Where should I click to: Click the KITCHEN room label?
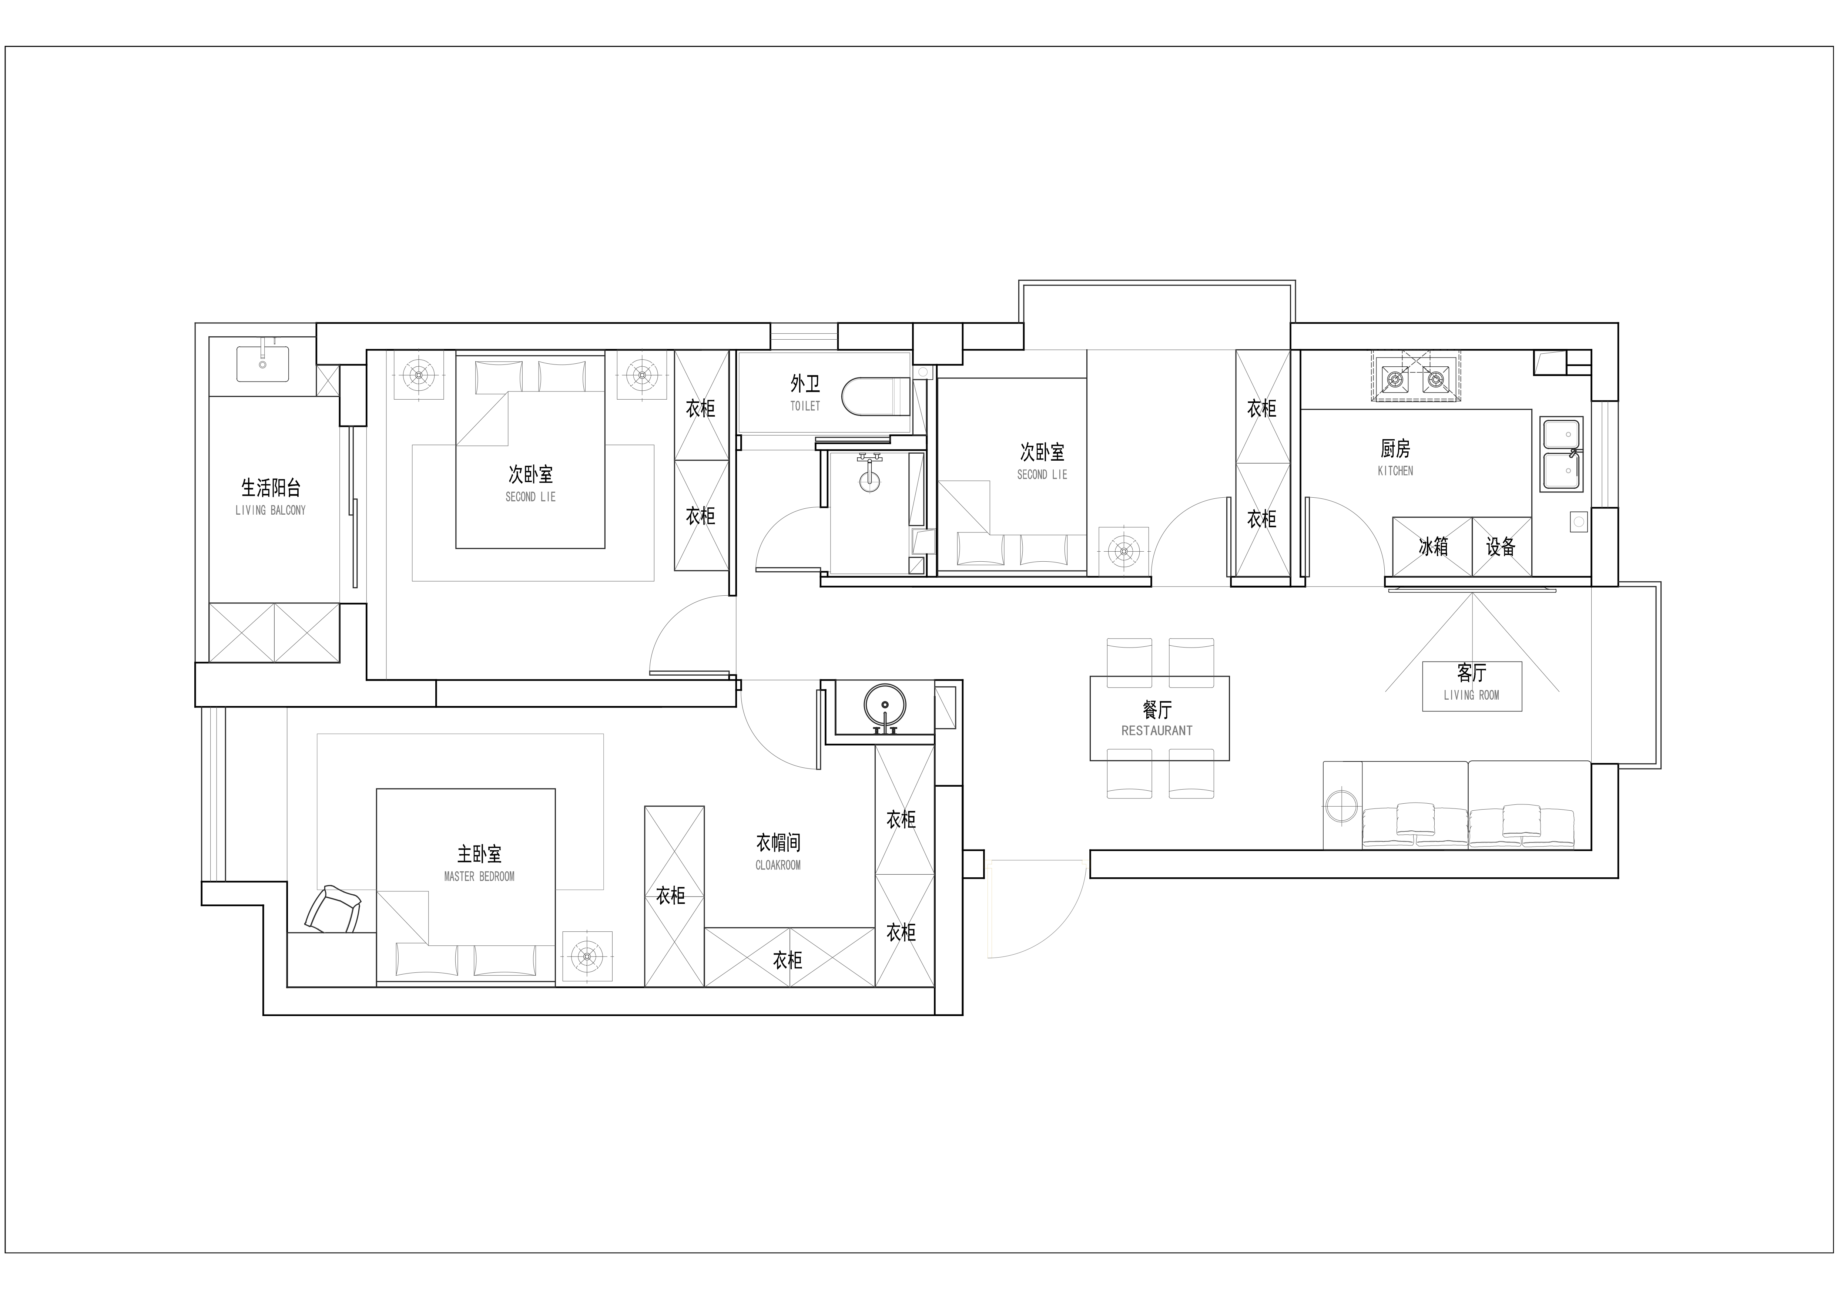(x=1395, y=471)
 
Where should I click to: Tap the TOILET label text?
(x=805, y=406)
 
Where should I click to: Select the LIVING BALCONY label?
(x=271, y=510)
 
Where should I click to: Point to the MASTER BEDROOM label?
(x=479, y=877)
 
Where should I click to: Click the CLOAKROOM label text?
(x=778, y=865)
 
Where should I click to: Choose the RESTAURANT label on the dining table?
(x=1157, y=731)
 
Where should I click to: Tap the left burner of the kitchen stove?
(x=1395, y=378)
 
